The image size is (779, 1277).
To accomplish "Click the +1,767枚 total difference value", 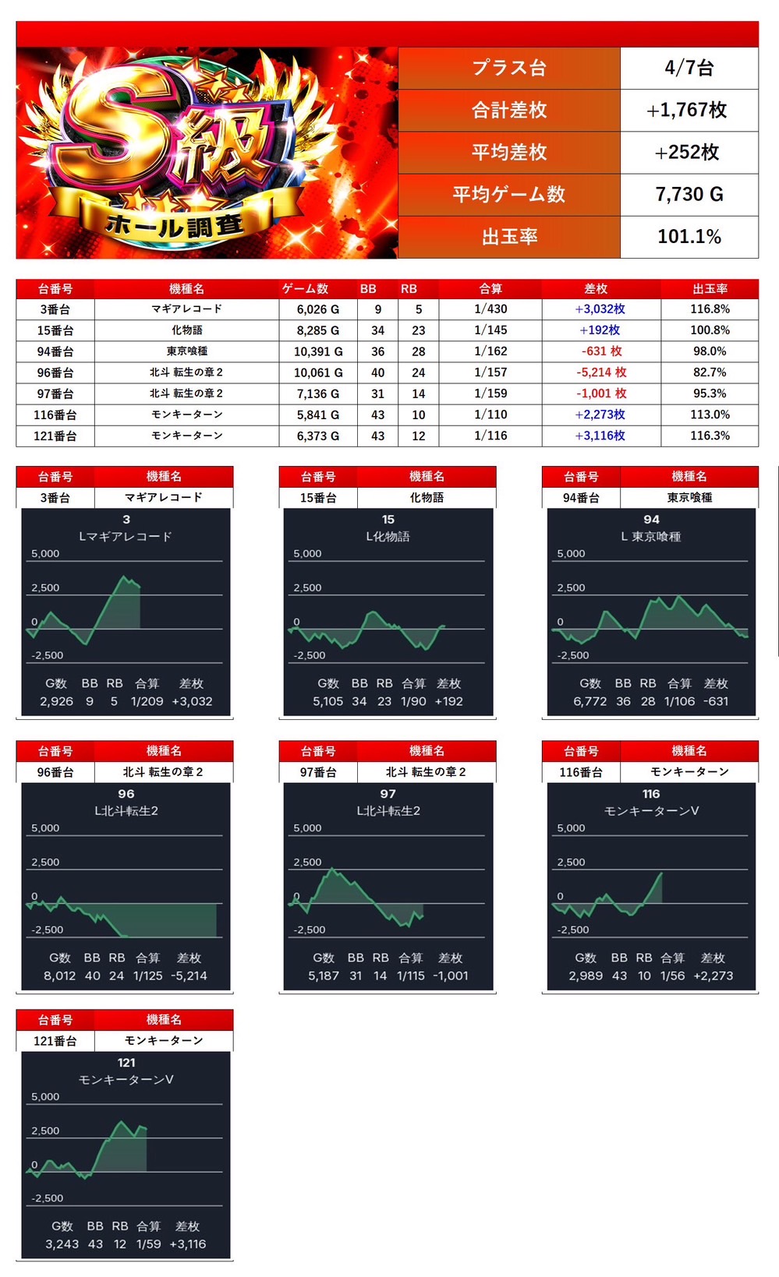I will click(689, 111).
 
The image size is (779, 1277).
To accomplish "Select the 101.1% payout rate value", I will click(689, 237).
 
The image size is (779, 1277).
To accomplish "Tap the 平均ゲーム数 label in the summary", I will click(508, 195).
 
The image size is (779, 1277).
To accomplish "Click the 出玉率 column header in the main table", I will click(709, 289).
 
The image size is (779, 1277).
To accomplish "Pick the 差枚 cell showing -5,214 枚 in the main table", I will click(600, 372).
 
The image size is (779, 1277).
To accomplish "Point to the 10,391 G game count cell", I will click(317, 351).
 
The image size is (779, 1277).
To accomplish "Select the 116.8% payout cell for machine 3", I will click(709, 309).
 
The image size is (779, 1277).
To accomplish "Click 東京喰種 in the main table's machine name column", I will click(186, 351).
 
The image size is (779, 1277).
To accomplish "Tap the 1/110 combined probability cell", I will click(490, 414).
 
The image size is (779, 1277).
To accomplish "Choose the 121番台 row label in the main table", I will click(55, 436).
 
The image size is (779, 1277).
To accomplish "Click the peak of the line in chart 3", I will click(123, 577).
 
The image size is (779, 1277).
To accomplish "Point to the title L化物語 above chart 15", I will click(388, 537).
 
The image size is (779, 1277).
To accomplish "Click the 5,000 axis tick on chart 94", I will click(571, 554).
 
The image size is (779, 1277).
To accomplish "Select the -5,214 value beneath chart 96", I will click(189, 975).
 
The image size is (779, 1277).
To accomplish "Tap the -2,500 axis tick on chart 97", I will click(310, 930).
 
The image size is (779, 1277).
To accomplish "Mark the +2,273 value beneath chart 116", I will click(713, 975).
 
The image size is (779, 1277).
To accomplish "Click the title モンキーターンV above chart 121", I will click(126, 1080).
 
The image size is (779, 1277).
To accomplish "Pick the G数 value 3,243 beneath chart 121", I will click(62, 1244).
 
